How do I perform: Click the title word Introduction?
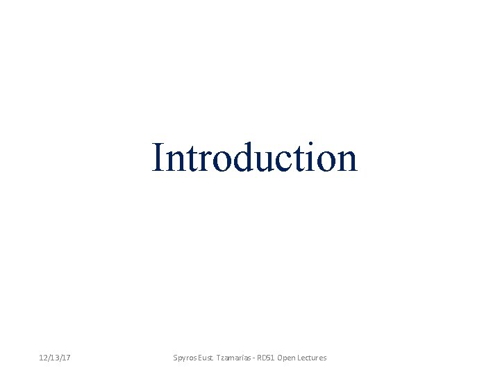tap(255, 158)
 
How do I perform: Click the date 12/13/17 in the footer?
tap(56, 358)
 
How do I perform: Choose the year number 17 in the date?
tap(67, 358)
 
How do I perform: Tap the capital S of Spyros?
tap(175, 358)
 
